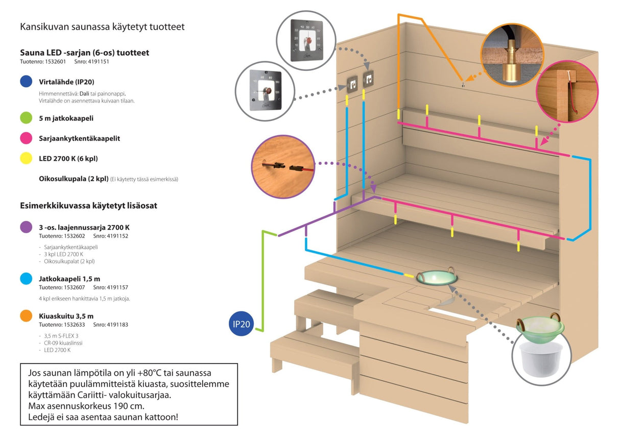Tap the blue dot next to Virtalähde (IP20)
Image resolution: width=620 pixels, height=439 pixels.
pos(27,82)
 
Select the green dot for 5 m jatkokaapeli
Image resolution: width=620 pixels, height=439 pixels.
pos(27,118)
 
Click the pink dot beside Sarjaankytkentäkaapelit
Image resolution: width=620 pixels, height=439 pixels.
pos(27,138)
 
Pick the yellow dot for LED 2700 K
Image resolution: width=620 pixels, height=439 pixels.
pos(27,158)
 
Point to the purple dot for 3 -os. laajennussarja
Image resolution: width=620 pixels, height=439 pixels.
pos(27,227)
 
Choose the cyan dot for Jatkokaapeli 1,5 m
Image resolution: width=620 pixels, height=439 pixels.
pos(27,279)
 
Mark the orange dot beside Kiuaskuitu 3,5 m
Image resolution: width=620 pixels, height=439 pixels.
pos(27,316)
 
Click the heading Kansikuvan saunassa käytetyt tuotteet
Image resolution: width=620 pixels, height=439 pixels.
pos(102,27)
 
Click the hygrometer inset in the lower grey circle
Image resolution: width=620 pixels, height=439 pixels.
pos(265,91)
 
